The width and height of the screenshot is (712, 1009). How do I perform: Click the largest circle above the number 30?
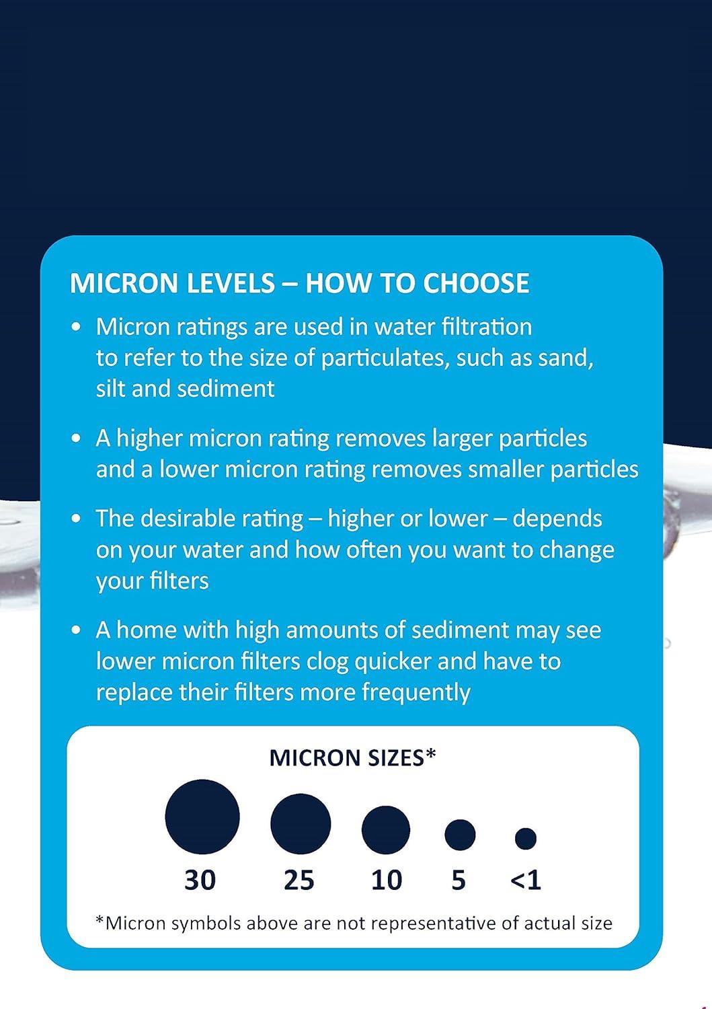pos(202,817)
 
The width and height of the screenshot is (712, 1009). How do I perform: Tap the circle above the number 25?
pos(301,824)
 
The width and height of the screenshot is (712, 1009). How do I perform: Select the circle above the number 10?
pos(386,830)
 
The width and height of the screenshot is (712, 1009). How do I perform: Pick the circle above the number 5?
pos(460,835)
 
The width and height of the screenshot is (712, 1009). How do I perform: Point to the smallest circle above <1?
pos(526,838)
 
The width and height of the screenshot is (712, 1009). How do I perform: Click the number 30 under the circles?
pos(200,880)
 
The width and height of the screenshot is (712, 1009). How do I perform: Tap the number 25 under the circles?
pos(299,880)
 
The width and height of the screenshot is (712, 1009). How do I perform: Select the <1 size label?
pos(526,880)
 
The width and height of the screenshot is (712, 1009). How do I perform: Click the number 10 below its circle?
pos(387,880)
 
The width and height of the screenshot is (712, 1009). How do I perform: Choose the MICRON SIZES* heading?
pos(353,757)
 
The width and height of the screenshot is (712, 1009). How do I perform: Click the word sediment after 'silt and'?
pos(234,389)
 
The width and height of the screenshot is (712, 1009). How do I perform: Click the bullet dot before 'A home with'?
pos(78,631)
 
